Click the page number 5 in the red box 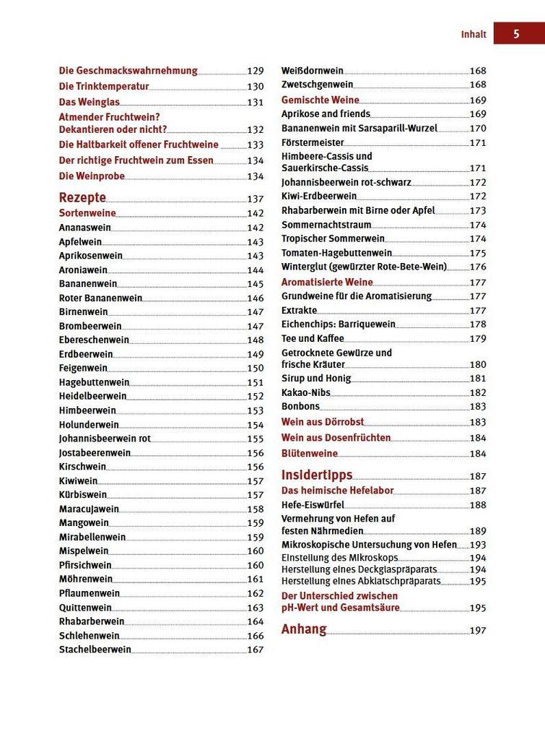tap(517, 33)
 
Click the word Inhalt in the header tap(474, 34)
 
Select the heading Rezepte tap(82, 198)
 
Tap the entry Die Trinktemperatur tap(103, 86)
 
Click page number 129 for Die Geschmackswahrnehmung tap(256, 71)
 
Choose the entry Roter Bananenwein tap(100, 298)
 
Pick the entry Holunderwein tap(89, 425)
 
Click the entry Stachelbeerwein tap(95, 650)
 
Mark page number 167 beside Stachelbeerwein tap(256, 650)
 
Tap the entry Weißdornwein tap(312, 71)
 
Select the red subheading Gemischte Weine tap(320, 100)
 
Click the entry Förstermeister tap(313, 142)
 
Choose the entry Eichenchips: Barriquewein tap(339, 324)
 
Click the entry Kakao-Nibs tap(306, 392)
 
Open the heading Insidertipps tap(317, 475)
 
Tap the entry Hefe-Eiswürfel tap(313, 504)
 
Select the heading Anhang tap(304, 629)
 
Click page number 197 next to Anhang tap(478, 631)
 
